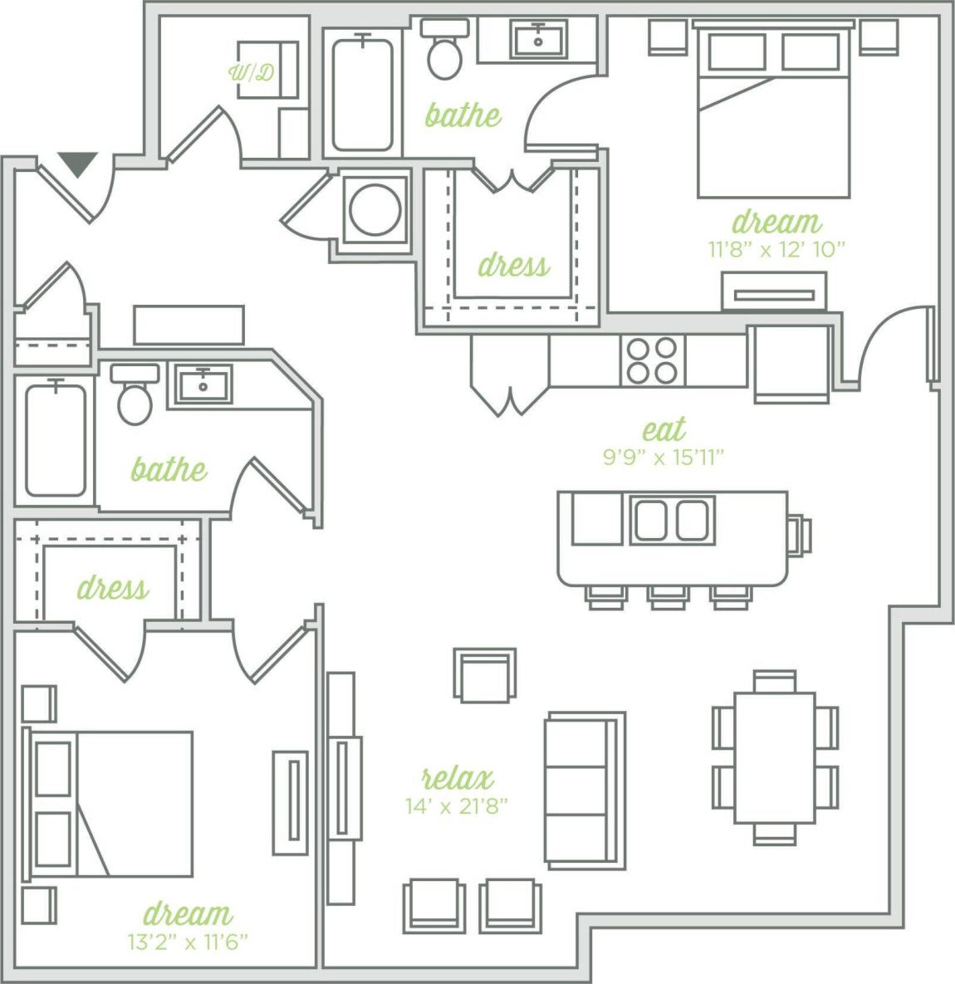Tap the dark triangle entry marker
point(77,164)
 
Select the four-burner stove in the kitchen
point(652,360)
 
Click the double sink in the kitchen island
point(672,520)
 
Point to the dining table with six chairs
point(774,756)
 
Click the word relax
point(458,778)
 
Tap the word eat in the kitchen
point(664,429)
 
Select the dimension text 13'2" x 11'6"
point(188,942)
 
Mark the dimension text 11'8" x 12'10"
point(776,248)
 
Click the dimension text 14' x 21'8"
point(456,805)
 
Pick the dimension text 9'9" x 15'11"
point(664,456)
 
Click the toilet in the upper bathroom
point(445,51)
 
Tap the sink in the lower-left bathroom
point(202,385)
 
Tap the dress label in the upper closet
point(513,266)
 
